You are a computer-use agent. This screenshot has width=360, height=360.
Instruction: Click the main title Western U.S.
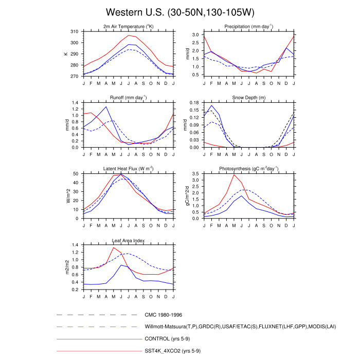coord(179,11)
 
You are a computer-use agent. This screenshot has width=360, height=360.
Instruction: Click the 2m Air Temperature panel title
coord(129,26)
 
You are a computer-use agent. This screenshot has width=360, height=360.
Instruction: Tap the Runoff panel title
coord(129,97)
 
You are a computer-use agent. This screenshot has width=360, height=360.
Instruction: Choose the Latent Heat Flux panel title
coord(129,169)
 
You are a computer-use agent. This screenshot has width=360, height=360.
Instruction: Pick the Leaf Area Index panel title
coord(129,240)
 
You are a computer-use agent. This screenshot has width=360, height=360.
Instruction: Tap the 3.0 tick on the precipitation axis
coord(196,34)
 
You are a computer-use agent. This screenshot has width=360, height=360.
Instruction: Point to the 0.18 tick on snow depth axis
coord(194,103)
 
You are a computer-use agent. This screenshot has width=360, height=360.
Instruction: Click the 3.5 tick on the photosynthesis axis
coord(196,174)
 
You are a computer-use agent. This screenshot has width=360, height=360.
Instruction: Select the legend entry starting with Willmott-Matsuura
coord(241,327)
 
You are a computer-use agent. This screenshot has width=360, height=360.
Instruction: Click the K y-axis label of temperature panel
coord(66,54)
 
